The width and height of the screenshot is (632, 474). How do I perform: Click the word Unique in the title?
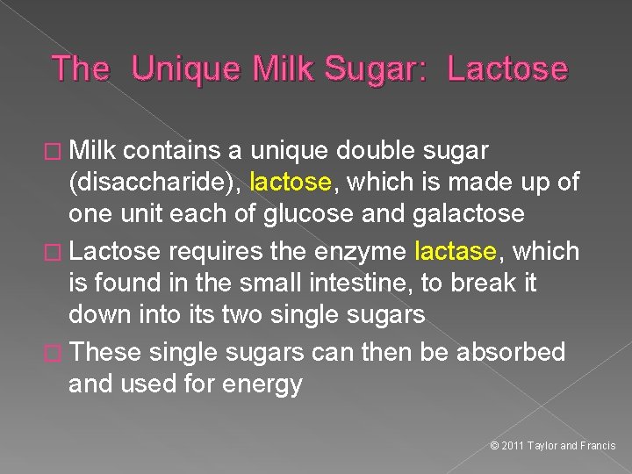tap(187, 68)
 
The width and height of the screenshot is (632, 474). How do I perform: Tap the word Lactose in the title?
tap(507, 68)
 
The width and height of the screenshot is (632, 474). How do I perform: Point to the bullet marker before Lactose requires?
tap(60, 252)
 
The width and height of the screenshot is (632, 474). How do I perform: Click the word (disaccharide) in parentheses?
tap(153, 183)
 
